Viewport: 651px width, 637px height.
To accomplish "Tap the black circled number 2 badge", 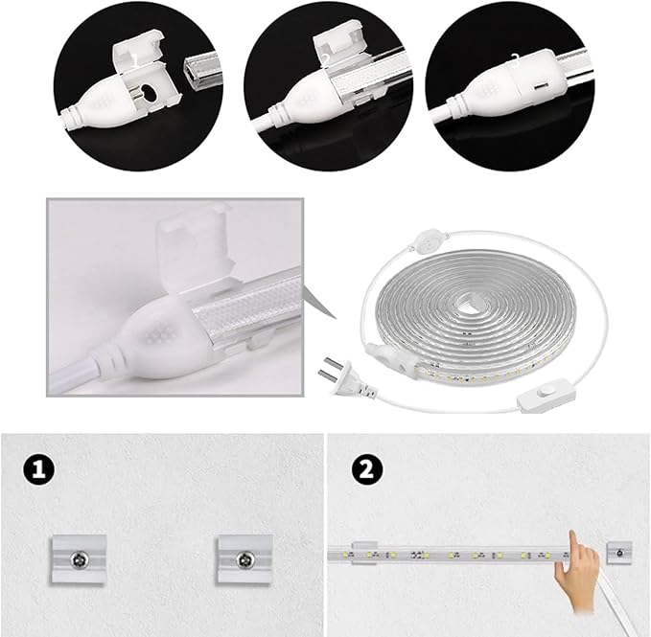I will (364, 469).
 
